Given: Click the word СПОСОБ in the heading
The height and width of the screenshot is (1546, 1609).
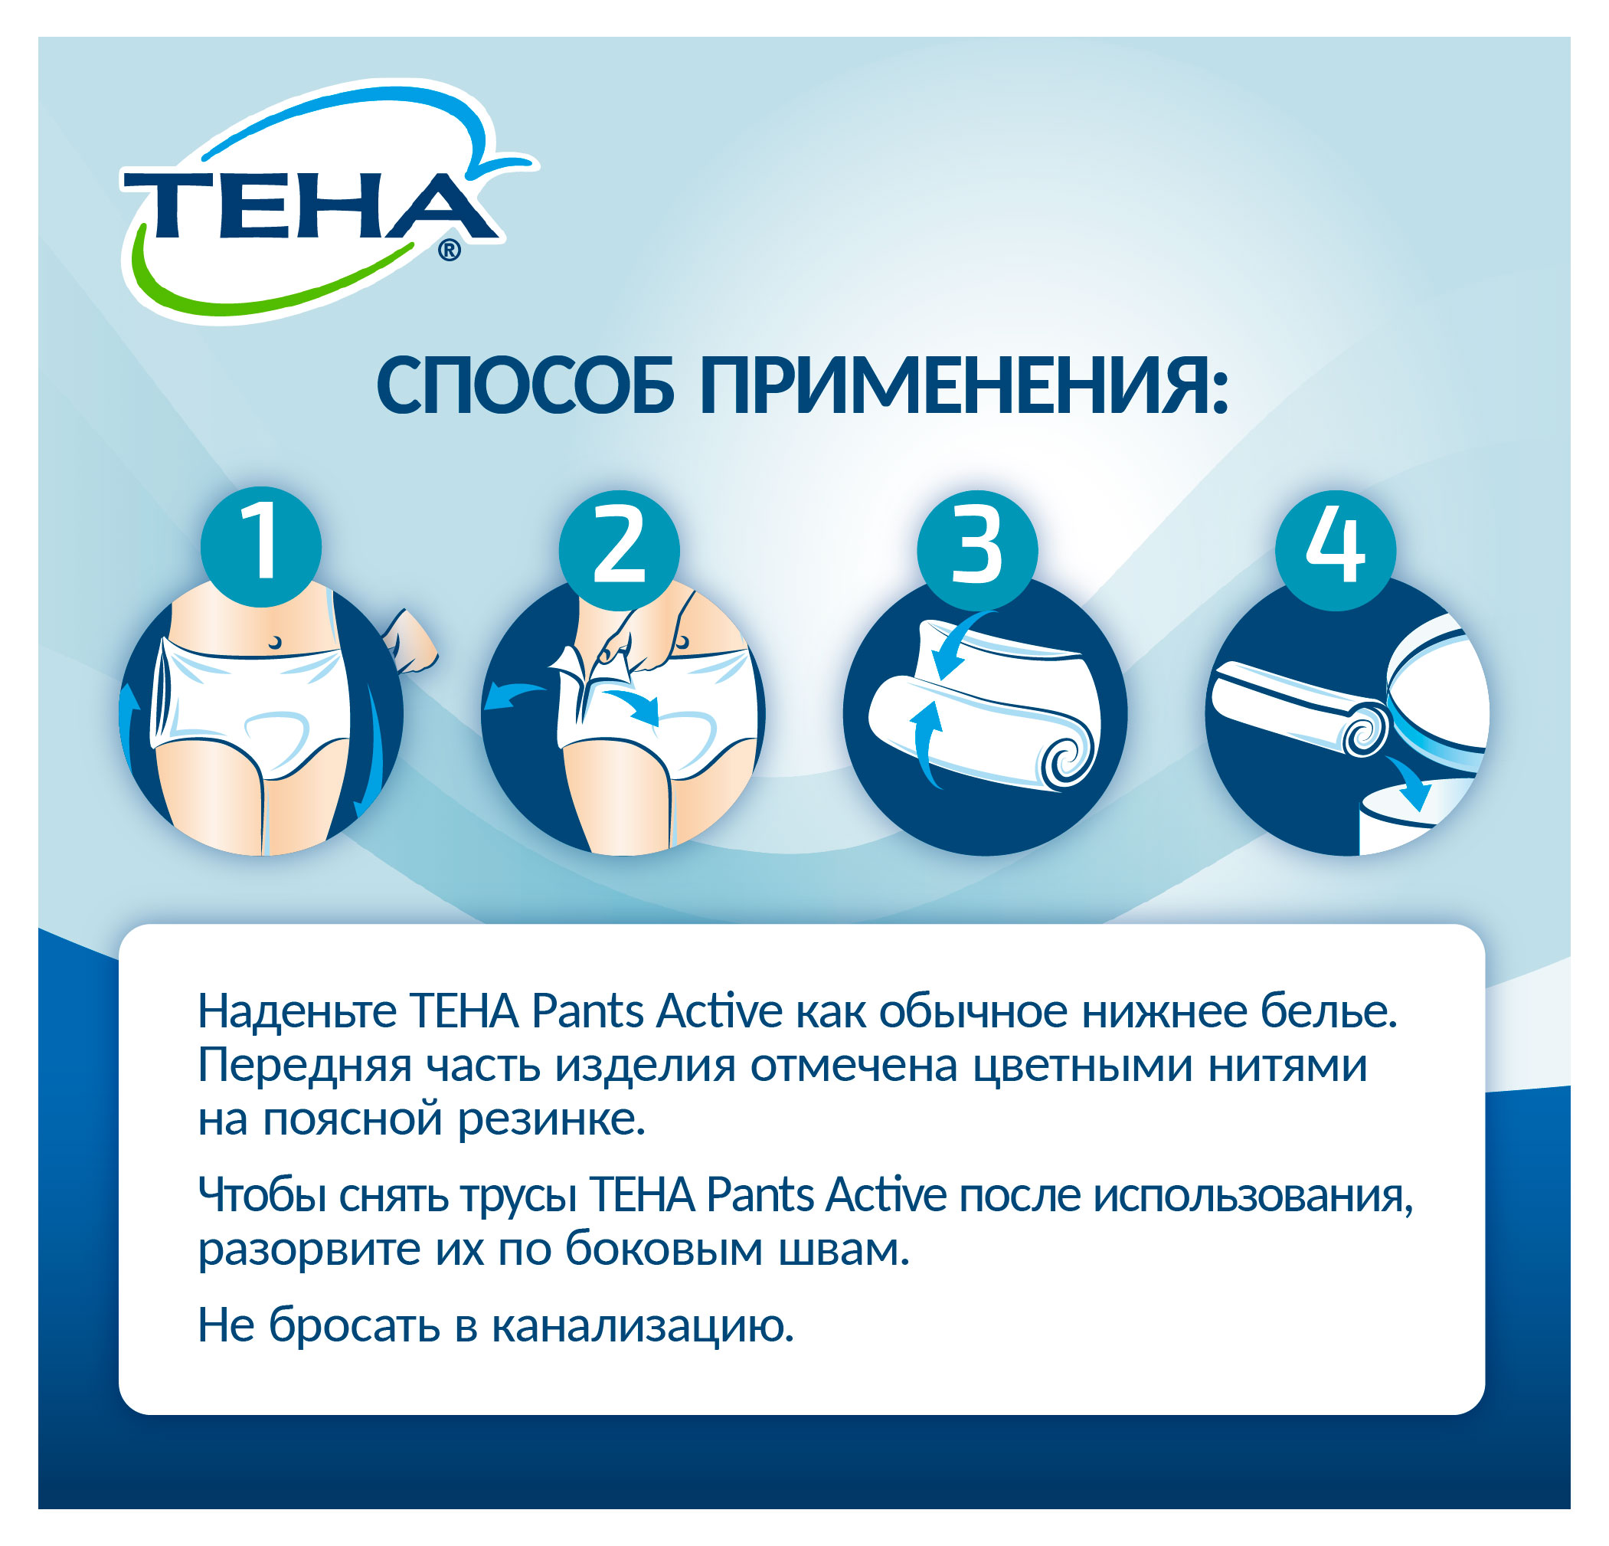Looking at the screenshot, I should (525, 386).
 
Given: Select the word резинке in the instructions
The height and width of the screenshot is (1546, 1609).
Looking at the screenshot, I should (551, 1120).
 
